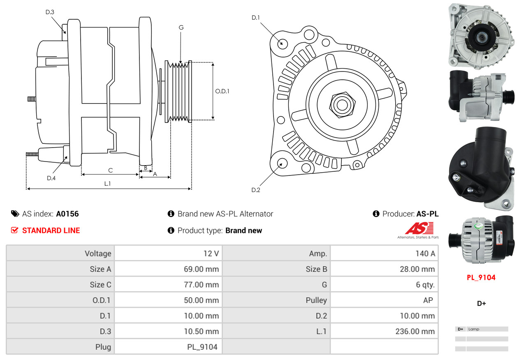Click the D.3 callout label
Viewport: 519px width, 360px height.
click(50, 12)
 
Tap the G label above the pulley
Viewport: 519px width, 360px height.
click(181, 28)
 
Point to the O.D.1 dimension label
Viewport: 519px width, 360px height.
click(222, 91)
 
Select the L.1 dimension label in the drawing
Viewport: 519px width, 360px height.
click(107, 184)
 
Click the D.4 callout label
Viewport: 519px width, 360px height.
click(51, 178)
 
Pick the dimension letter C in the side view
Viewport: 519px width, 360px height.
click(110, 170)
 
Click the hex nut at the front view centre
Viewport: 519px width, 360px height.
click(341, 104)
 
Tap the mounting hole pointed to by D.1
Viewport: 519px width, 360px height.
click(282, 43)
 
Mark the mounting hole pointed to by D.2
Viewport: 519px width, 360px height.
click(282, 163)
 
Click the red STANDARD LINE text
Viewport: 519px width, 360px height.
click(51, 231)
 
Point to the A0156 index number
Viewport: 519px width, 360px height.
click(67, 214)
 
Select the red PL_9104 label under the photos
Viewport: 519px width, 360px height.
click(481, 277)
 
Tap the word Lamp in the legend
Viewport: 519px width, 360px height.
click(474, 329)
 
